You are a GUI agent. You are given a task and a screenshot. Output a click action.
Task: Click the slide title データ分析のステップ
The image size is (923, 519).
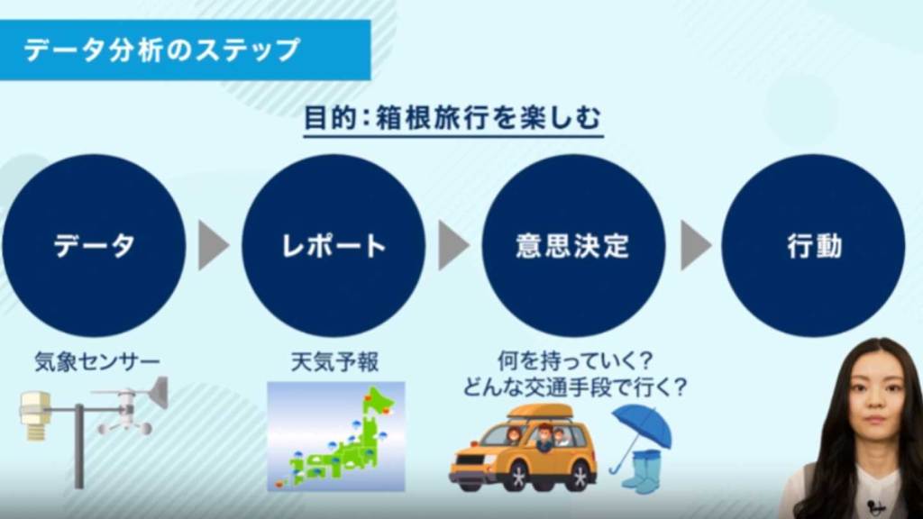coord(162,50)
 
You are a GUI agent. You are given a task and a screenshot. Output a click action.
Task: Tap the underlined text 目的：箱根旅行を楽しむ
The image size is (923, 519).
coord(452,119)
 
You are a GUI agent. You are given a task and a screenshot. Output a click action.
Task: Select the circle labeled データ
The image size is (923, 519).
coord(94,245)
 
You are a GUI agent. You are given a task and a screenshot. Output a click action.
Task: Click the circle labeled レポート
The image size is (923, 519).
coord(334,245)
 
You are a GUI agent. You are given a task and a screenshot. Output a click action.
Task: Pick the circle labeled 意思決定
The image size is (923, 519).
coord(573,245)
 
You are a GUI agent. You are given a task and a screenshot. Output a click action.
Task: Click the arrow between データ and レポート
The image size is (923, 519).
coord(213,245)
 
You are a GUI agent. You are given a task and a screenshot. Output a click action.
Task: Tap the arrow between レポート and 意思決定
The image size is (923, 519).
coord(452,245)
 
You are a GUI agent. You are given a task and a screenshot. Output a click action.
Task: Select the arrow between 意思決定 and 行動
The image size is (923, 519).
coord(694,245)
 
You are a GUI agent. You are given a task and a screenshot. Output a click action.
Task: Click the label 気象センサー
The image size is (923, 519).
coord(97,362)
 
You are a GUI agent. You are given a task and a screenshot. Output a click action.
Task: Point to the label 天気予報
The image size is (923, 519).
coord(334,362)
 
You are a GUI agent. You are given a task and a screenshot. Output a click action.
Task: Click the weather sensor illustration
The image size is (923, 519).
coord(94,423)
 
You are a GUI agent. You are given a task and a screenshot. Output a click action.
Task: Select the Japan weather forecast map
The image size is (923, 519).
coord(335,436)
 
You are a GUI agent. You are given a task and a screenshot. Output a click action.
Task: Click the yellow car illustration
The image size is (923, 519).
coord(523,451)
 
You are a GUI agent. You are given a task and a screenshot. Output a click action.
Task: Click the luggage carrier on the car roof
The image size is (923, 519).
coord(539,413)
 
